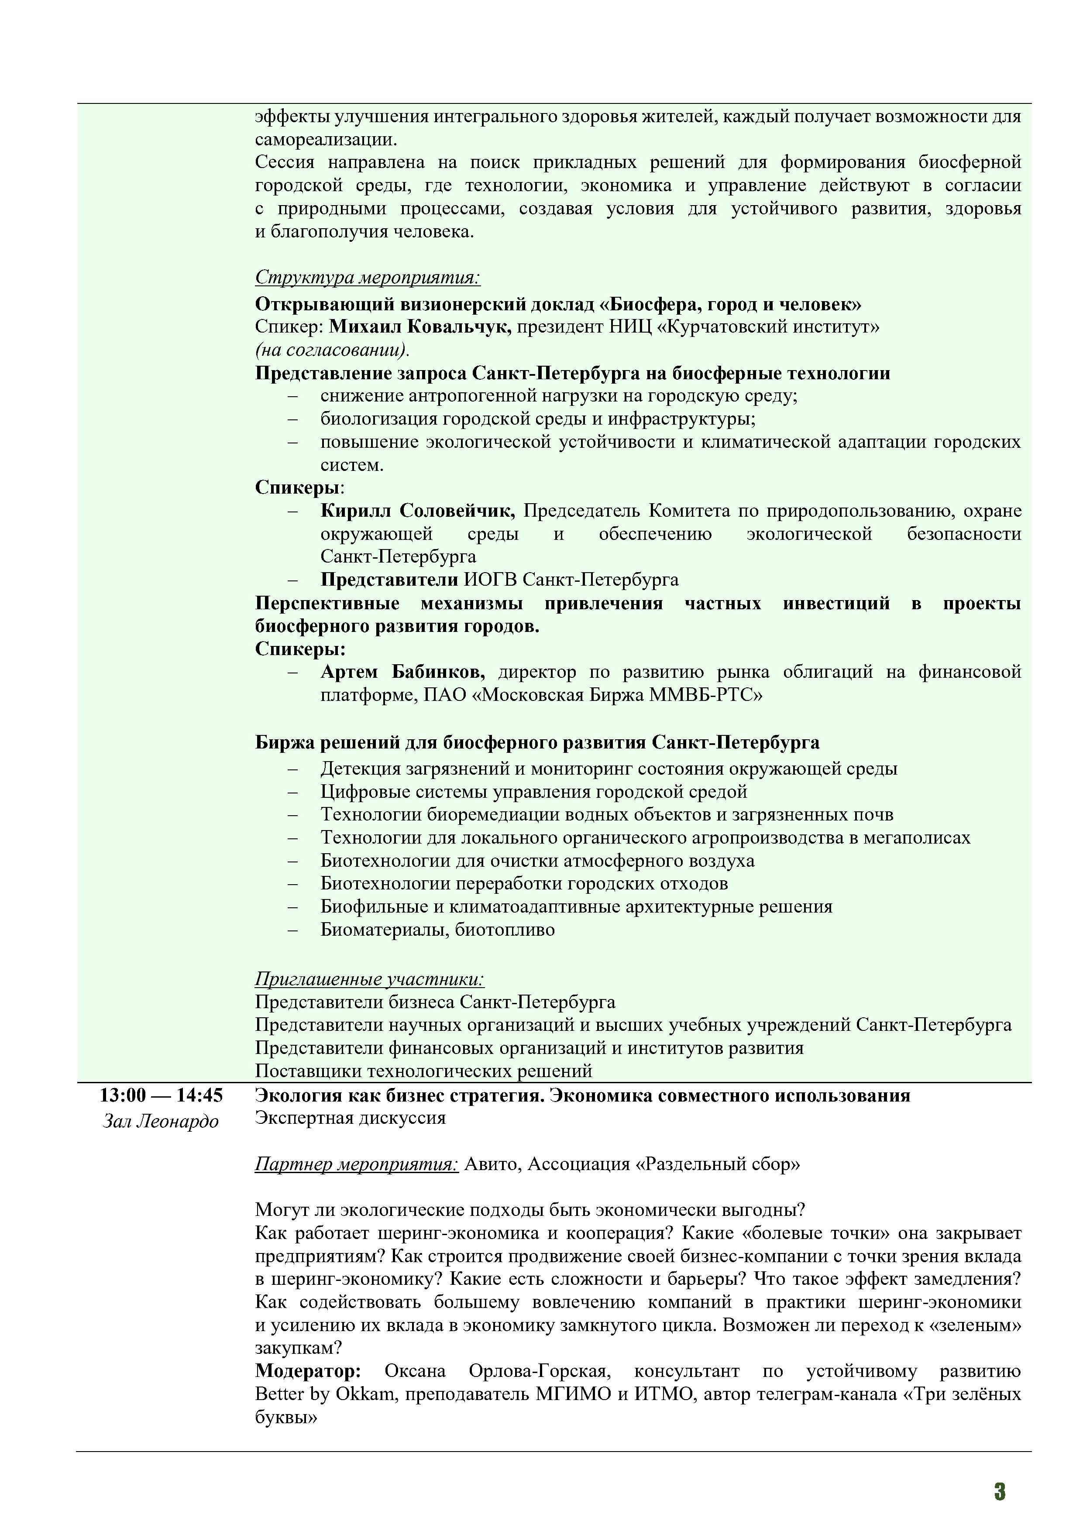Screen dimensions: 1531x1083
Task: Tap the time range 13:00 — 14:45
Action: (162, 1095)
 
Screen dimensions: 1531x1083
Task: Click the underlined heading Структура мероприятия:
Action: (368, 278)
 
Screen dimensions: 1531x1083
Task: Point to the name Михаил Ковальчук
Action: (420, 327)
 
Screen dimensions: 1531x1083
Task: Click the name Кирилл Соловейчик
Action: (417, 511)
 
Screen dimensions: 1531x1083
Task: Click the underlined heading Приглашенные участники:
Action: (369, 979)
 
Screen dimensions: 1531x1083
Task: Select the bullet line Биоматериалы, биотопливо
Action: (437, 930)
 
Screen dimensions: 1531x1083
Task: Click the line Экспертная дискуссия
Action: (350, 1118)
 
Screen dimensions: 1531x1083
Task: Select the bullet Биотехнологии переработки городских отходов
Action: (524, 883)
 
